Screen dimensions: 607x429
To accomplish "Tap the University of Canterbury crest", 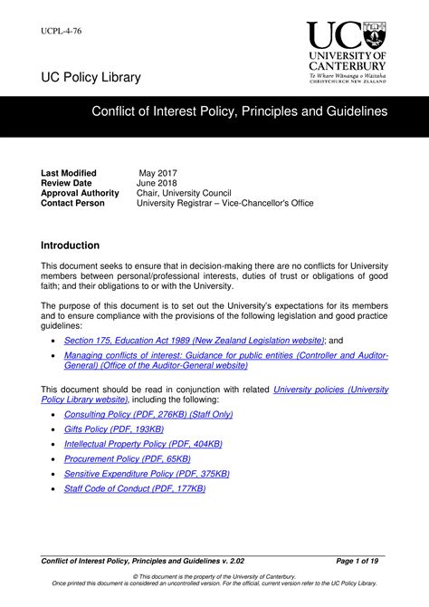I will pyautogui.click(x=373, y=35).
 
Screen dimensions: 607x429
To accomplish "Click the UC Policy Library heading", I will pyautogui.click(x=91, y=78).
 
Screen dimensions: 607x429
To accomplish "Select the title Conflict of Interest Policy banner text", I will pyautogui.click(x=239, y=111).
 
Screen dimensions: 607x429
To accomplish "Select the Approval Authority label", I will pyautogui.click(x=80, y=193).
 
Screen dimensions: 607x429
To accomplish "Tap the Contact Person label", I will pyautogui.click(x=72, y=203).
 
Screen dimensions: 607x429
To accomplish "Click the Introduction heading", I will pyautogui.click(x=71, y=246).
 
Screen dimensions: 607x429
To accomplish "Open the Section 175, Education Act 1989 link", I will pyautogui.click(x=194, y=340).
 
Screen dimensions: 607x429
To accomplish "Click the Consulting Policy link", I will pyautogui.click(x=148, y=414).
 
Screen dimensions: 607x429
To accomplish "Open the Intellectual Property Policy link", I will pyautogui.click(x=143, y=444).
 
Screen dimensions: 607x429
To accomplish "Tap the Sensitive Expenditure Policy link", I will pyautogui.click(x=147, y=474).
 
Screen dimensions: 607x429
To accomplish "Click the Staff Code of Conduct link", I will pyautogui.click(x=135, y=488).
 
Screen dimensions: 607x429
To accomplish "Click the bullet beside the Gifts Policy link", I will pyautogui.click(x=54, y=429).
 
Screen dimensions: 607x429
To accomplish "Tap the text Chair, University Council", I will pyautogui.click(x=184, y=193).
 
